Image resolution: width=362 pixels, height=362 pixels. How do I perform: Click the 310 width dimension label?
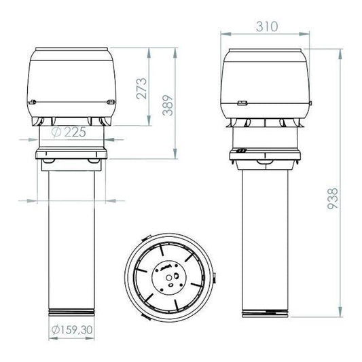[x=267, y=26]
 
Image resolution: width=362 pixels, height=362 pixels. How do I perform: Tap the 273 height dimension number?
[x=141, y=89]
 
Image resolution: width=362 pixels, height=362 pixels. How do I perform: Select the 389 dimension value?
[x=168, y=105]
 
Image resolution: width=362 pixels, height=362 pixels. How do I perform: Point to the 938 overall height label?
[x=332, y=199]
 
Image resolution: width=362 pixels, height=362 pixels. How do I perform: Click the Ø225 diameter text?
[x=69, y=132]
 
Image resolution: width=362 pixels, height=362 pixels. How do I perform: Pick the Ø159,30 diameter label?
[x=72, y=329]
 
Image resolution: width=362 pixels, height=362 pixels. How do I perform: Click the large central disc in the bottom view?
[x=169, y=278]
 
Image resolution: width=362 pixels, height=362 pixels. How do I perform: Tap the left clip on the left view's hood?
[x=33, y=102]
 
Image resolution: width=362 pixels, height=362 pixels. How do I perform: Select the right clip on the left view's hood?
[x=111, y=102]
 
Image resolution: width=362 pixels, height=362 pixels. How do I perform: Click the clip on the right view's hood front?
[x=242, y=103]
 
